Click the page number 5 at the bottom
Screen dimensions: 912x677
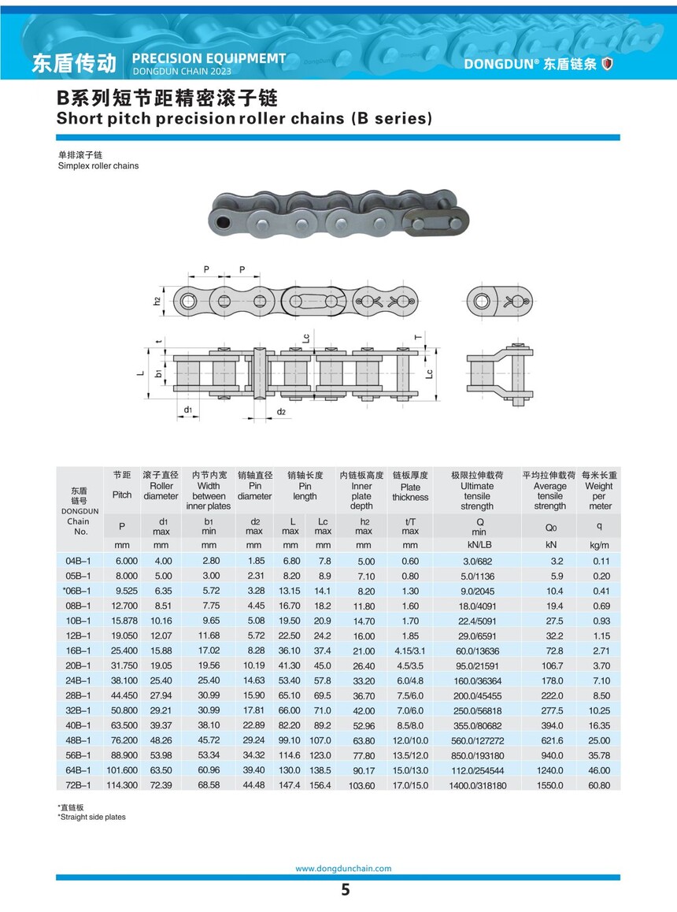pos(345,891)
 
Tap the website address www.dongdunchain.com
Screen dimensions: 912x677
pos(343,869)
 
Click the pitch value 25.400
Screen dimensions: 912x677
pos(122,651)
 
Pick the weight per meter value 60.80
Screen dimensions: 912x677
pos(600,786)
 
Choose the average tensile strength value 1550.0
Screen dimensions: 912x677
pos(550,786)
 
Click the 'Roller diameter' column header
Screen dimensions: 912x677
pos(161,491)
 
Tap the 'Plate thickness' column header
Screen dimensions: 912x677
pos(410,492)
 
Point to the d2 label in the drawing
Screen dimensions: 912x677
pos(281,412)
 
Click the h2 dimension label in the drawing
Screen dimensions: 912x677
pos(157,301)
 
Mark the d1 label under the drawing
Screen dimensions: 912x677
pos(188,410)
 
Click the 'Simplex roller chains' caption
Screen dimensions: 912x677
pos(98,166)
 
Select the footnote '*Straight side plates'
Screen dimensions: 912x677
pos(91,817)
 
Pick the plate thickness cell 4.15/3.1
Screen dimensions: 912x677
pos(410,651)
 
